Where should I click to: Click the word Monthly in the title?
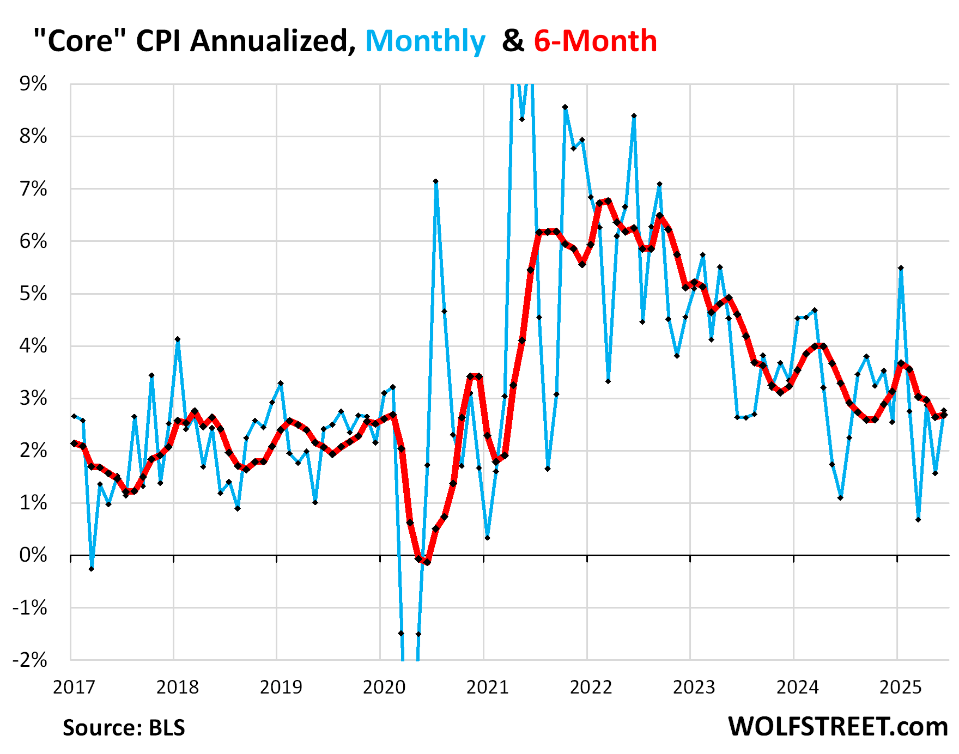coord(425,41)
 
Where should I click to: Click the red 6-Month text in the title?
coord(595,41)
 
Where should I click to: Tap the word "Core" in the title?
coord(80,41)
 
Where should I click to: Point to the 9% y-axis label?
coord(33,84)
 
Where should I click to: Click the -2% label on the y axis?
coord(29,660)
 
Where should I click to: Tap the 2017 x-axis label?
coord(74,687)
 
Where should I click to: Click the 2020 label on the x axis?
coord(384,687)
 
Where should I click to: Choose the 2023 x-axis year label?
coord(694,687)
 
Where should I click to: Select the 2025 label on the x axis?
coord(901,687)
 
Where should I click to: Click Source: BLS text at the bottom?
coord(124,728)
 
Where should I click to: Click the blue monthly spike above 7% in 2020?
coord(435,181)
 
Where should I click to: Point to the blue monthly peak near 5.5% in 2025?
coord(901,268)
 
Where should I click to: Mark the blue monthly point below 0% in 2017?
coord(91,569)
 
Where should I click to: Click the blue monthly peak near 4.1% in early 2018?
coord(178,339)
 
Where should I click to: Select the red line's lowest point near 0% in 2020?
coord(427,562)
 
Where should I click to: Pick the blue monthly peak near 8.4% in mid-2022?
coord(634,116)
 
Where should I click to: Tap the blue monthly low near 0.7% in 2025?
coord(918,519)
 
